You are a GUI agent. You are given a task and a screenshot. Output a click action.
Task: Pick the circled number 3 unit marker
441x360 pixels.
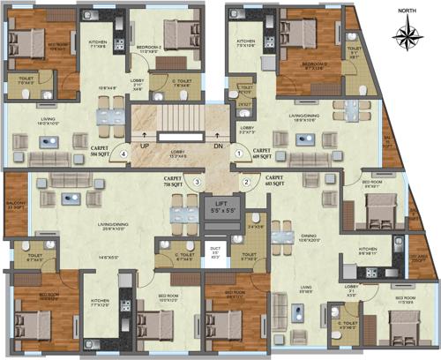(x=198, y=182)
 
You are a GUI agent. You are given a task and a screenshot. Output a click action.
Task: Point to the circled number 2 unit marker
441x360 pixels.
(x=246, y=182)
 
